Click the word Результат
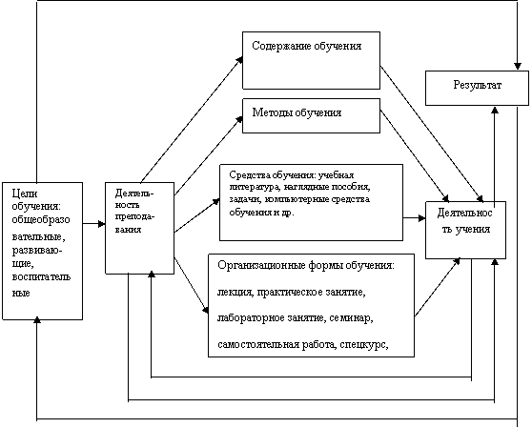(477, 85)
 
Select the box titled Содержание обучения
(311, 60)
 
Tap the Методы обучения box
(311, 115)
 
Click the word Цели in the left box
(25, 194)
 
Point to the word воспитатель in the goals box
(41, 277)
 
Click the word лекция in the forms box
(235, 292)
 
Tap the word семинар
(351, 318)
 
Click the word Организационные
(261, 265)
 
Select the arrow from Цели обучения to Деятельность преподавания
(94, 224)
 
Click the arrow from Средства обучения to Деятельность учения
(415, 218)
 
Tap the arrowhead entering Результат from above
(517, 66)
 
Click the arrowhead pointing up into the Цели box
(37, 320)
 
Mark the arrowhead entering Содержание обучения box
(239, 60)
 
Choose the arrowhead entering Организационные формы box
(205, 310)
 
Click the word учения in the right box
(473, 230)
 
